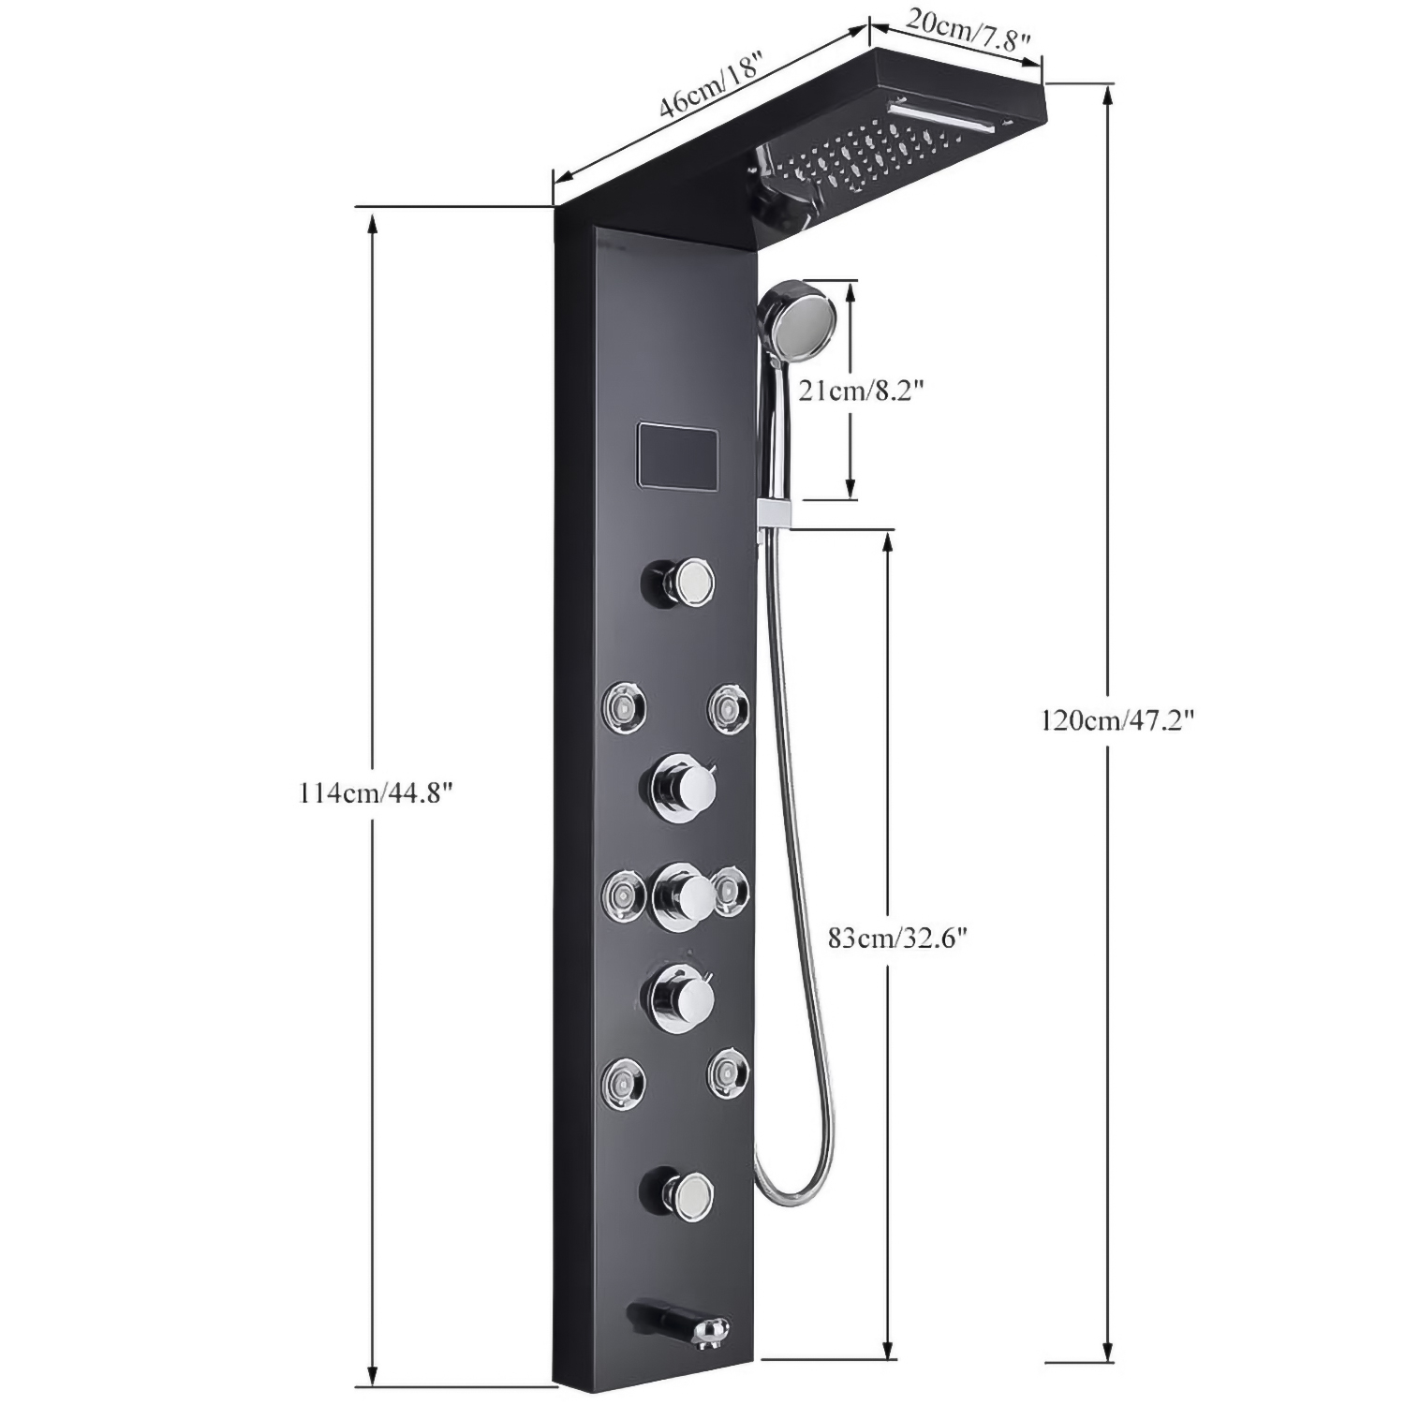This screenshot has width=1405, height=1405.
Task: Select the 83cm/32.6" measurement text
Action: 896,938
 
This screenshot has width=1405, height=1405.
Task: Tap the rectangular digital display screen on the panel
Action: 678,455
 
